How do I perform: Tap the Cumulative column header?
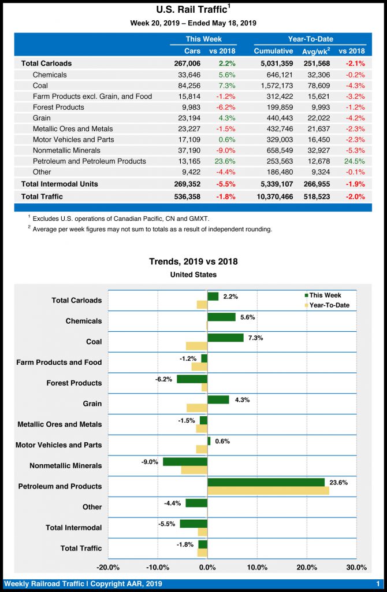(x=273, y=51)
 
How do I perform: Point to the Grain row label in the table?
(x=42, y=118)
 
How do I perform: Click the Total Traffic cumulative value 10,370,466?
(x=273, y=197)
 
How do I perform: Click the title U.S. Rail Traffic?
(x=191, y=9)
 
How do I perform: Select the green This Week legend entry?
(x=321, y=295)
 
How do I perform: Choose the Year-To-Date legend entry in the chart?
(x=326, y=305)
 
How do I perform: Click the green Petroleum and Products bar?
(x=266, y=482)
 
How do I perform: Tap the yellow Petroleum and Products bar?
(x=268, y=490)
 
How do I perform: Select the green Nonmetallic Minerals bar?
(x=185, y=461)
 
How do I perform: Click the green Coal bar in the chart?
(x=225, y=338)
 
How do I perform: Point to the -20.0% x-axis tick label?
(x=108, y=567)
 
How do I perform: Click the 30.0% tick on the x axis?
(x=356, y=567)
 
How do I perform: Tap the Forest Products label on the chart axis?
(x=74, y=383)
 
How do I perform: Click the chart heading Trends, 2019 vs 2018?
(x=193, y=261)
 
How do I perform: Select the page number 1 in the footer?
(x=377, y=584)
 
